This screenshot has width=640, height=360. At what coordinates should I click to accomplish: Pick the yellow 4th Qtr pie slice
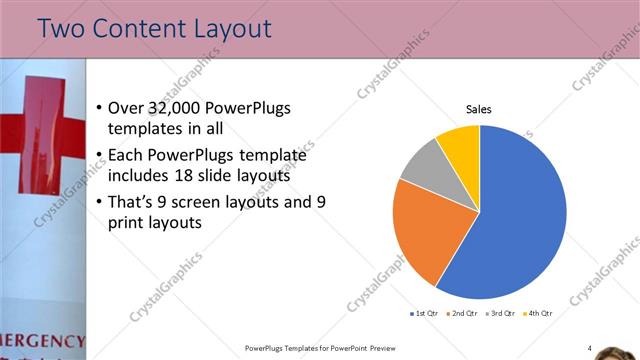(460, 142)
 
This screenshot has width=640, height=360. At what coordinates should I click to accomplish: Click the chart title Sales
(480, 110)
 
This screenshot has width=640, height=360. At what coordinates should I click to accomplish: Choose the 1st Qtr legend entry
(424, 314)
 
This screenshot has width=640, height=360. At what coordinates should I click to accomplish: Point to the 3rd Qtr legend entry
(501, 314)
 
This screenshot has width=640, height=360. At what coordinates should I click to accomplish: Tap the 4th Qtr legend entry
(539, 314)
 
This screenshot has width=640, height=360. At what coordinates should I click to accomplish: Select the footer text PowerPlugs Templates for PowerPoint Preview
(314, 348)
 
